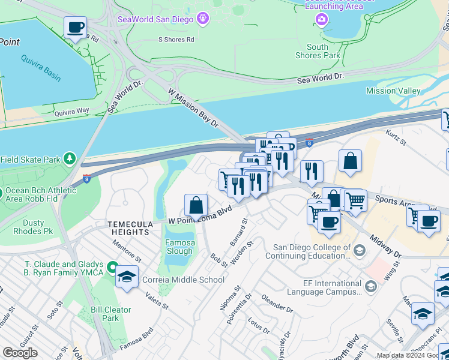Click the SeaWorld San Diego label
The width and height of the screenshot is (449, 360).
[x=155, y=19]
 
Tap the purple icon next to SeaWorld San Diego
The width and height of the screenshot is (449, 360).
[x=203, y=19]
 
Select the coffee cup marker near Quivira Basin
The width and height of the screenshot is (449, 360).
[x=75, y=28]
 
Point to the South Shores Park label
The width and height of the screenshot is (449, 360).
[x=318, y=51]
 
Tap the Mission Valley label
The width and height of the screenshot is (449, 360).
[x=393, y=91]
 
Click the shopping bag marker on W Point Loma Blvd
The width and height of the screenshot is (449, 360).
[x=196, y=205]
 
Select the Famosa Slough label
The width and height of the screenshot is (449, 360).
[x=180, y=247]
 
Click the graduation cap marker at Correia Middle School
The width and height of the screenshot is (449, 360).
[x=127, y=277]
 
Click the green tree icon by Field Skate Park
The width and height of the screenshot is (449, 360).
[x=70, y=159]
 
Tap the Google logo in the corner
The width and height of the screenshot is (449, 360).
[x=20, y=353]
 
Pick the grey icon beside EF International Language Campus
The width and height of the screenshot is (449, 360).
[x=371, y=286]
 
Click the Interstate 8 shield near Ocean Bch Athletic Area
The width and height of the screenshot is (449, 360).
[x=87, y=178]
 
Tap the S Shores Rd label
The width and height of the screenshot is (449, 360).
[x=176, y=40]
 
